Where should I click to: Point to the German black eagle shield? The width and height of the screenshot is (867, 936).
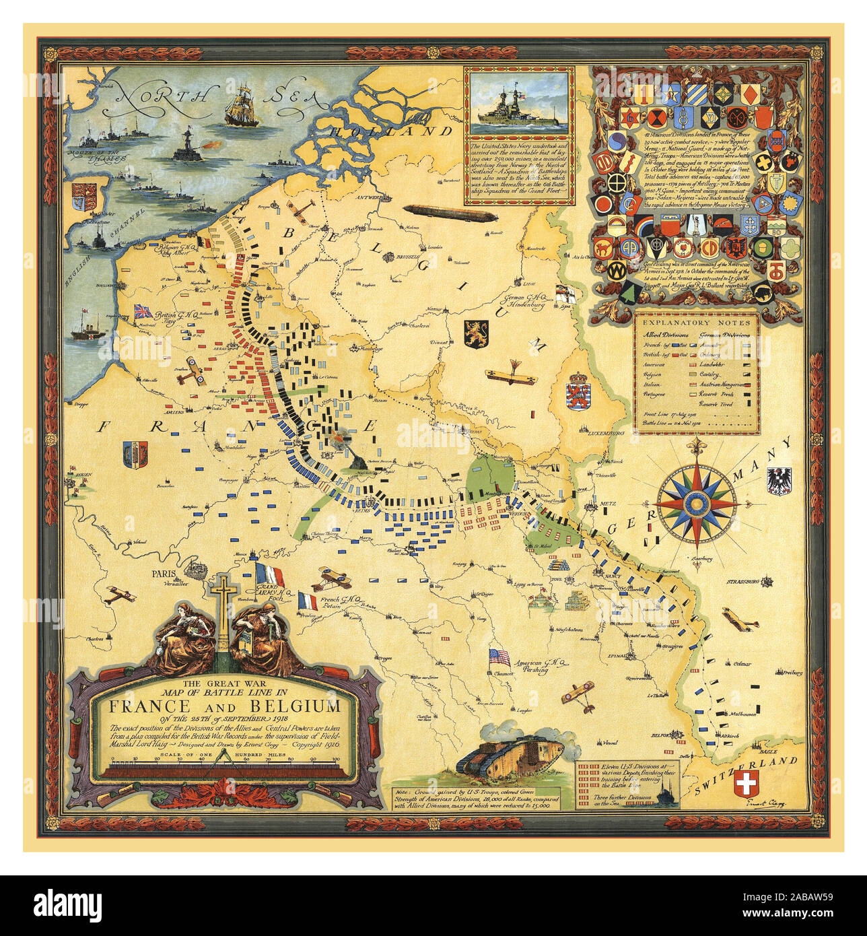coord(779,479)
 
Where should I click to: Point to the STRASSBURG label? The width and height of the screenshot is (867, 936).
coord(742,580)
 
